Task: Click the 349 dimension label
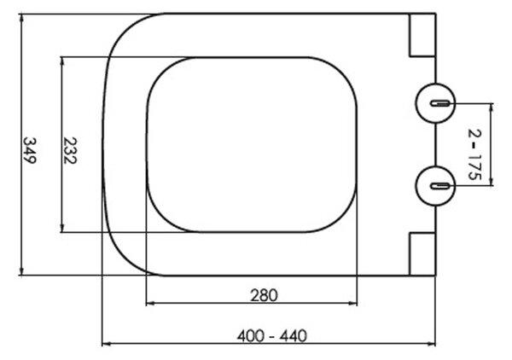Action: [x=29, y=150]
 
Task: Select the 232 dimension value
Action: [x=70, y=150]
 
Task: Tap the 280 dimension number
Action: [x=264, y=296]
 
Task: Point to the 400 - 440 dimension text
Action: [x=272, y=336]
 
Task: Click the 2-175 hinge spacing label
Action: [x=474, y=154]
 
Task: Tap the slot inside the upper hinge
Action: [x=439, y=103]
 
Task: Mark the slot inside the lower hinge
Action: [x=439, y=186]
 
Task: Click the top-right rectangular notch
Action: [x=422, y=35]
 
